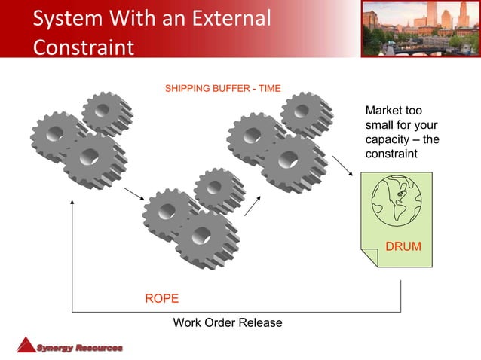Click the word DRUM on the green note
coord(403,247)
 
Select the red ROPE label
coord(161,299)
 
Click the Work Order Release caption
coord(228,323)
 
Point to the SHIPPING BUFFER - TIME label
coord(222,89)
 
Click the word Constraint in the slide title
coord(83,47)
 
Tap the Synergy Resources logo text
coord(79,347)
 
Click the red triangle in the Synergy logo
coord(26,345)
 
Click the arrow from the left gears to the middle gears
coord(133,194)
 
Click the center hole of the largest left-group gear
coord(90,157)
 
